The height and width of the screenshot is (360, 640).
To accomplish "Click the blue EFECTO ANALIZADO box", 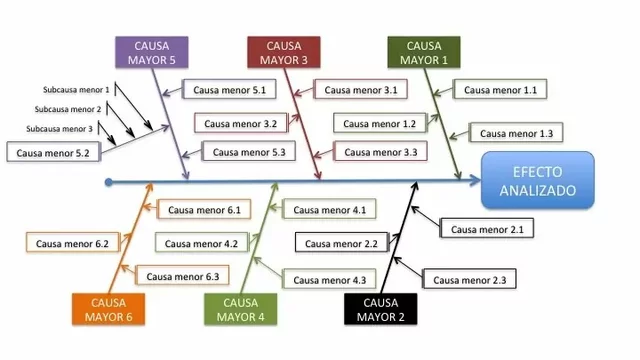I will pos(537,180).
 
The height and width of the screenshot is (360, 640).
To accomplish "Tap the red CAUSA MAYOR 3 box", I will pos(284,52).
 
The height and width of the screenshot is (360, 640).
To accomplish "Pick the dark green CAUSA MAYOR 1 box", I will pos(424,52).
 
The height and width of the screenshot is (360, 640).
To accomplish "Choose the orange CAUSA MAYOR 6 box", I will pos(109,310).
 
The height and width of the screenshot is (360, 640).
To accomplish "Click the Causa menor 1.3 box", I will pos(516,133).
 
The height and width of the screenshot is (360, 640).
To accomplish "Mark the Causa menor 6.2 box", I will pos(71,243).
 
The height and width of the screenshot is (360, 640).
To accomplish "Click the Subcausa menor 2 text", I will pos(68,109).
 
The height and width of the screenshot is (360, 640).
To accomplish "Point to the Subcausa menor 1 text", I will pos(76,89).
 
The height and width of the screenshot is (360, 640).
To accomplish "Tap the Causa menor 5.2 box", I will pos(53,153).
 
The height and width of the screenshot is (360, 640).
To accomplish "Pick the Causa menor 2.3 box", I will pos(468,279).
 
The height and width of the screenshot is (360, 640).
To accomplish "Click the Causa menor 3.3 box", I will pos(381,152).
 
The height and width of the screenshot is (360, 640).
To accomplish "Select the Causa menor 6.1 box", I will pos(203,210).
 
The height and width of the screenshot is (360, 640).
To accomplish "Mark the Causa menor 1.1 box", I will pos(501,90).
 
